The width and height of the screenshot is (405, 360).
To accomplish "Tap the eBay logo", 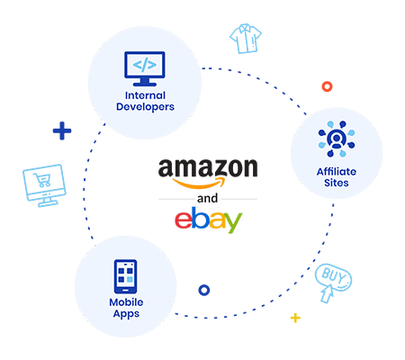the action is [x=208, y=220].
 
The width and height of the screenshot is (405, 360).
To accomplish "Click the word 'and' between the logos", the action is [x=207, y=198].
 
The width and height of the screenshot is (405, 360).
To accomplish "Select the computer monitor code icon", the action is [x=145, y=68].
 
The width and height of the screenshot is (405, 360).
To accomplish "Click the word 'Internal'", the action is [x=145, y=95].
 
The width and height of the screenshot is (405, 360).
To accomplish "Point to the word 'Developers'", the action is [x=145, y=107].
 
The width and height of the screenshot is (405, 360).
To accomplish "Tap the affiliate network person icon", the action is [x=337, y=139].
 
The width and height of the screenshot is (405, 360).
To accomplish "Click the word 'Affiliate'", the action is [x=337, y=172].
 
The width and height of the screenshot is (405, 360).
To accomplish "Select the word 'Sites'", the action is [x=337, y=183].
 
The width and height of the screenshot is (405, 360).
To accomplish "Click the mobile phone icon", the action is [x=125, y=276].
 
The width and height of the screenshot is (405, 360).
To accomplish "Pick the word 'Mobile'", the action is [x=126, y=302].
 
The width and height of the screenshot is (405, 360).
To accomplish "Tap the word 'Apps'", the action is [x=126, y=314].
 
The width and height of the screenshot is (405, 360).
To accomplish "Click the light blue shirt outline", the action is [x=246, y=39].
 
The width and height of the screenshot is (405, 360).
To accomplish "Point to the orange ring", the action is [x=327, y=86].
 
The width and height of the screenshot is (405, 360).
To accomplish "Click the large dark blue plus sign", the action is [x=62, y=130].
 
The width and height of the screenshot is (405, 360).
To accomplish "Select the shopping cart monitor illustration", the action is [x=44, y=185].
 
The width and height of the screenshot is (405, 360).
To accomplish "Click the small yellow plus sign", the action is [x=295, y=318].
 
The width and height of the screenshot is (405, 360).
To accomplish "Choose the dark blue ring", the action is [x=204, y=290].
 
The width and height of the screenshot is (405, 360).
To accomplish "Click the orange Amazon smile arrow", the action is [x=198, y=183].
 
